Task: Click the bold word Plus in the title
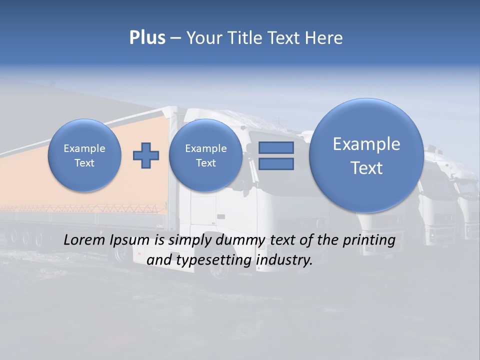click(147, 38)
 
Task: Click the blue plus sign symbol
click(145, 155)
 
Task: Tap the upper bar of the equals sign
click(276, 148)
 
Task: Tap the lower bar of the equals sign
click(276, 164)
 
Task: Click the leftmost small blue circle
click(84, 155)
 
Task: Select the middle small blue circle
click(205, 155)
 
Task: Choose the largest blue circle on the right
click(366, 155)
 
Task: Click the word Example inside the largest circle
click(366, 144)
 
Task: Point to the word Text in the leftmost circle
click(84, 163)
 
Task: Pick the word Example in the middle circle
click(205, 148)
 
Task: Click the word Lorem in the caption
click(82, 240)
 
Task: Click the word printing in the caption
click(369, 240)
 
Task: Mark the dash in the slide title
click(176, 38)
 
